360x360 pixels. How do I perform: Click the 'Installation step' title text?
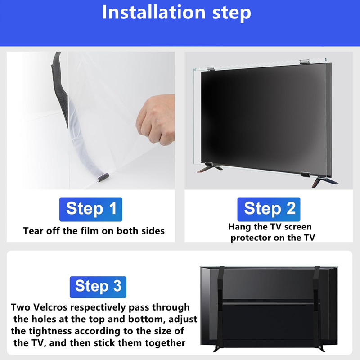pos(176,13)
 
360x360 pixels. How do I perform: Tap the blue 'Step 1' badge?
pos(91,209)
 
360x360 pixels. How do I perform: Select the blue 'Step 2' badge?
pos(269,209)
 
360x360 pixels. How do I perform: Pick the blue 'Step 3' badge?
pos(98,287)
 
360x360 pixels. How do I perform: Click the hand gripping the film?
pos(156,119)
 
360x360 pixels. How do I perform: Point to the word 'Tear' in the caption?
pos(32,231)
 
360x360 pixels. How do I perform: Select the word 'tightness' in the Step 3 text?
pos(50,331)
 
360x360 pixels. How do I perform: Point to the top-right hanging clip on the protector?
pos(305,62)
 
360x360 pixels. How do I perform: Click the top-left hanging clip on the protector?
pos(211,68)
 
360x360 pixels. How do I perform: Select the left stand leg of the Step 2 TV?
pos(209,167)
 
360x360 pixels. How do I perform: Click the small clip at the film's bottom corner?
pos(103,177)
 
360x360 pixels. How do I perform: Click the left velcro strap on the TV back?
pos(220,308)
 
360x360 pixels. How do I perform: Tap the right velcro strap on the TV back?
pos(317,308)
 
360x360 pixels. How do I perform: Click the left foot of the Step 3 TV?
pos(217,348)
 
